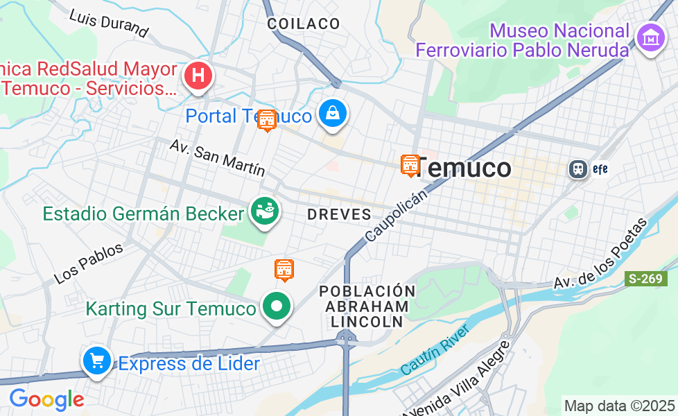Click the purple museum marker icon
point(651,38)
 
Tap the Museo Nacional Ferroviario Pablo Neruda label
point(523,40)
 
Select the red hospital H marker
point(198,76)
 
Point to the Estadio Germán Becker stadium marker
point(264,211)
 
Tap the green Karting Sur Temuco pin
point(277,306)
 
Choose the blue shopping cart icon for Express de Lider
point(97,361)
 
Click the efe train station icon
point(577,168)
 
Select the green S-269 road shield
point(645,279)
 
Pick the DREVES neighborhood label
point(340,215)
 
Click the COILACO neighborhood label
point(304,24)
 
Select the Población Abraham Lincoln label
point(367,306)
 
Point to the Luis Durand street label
point(109,24)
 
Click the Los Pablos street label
point(88,263)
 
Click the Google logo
point(46,399)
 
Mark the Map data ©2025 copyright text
point(619,406)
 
